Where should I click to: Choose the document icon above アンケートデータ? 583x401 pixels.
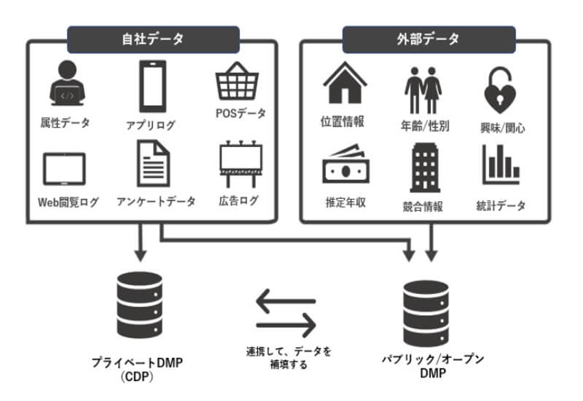(x=152, y=164)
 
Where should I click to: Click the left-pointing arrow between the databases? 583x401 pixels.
(x=285, y=300)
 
